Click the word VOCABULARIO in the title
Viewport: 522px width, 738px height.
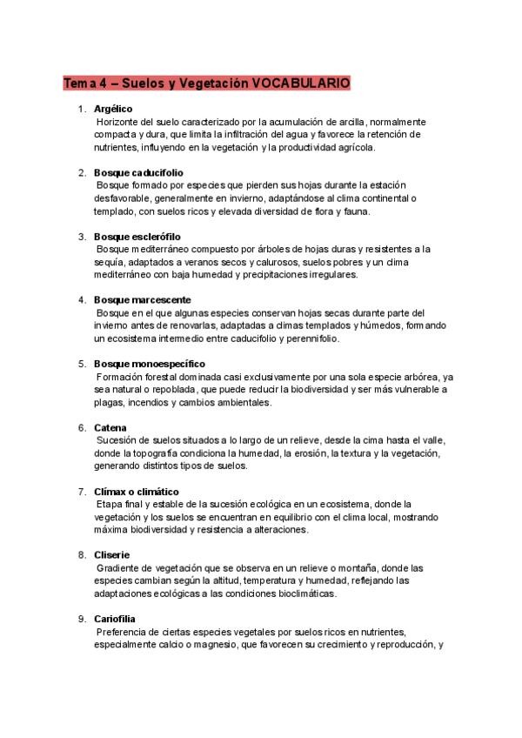tap(300, 83)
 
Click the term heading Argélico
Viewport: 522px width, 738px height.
tap(112, 109)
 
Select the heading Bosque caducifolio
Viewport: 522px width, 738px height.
tap(138, 172)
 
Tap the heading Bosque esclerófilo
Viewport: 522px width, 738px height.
tap(137, 236)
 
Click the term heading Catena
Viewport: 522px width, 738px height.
tap(110, 427)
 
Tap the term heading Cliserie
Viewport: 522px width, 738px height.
tap(113, 554)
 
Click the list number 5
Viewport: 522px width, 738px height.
tap(81, 363)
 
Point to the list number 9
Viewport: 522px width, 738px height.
tap(81, 618)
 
